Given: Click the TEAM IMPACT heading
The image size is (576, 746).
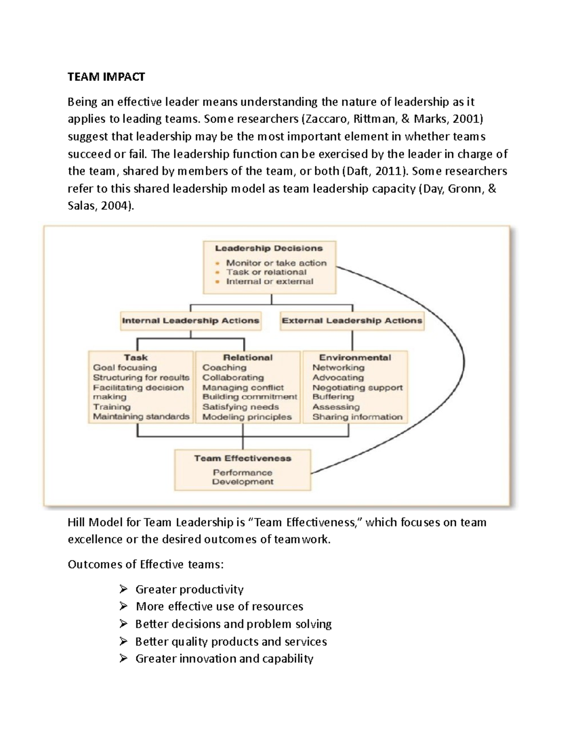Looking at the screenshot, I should (106, 77).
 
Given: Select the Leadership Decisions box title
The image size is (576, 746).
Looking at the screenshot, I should (269, 248).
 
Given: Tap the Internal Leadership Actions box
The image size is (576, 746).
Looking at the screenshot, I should (191, 321).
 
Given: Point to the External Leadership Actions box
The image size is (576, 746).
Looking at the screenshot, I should (352, 321).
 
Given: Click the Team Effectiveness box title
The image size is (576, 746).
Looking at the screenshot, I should (242, 458).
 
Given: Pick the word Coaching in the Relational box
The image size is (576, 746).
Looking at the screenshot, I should (224, 367).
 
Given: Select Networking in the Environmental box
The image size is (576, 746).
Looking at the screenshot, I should (338, 367).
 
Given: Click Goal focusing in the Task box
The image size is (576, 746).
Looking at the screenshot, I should (125, 367).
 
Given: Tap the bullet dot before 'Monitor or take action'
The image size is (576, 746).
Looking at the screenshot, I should (217, 263).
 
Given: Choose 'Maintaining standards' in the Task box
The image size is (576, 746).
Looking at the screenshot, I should (141, 417).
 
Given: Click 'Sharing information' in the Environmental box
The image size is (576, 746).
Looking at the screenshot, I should (358, 417).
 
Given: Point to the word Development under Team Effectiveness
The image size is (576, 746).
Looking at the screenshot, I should (243, 482).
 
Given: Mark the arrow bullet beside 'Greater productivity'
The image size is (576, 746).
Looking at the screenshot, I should (124, 589).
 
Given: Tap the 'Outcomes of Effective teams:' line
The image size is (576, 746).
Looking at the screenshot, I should (145, 564).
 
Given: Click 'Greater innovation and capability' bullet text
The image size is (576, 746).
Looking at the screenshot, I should (224, 659).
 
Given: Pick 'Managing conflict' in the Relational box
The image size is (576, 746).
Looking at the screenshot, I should (243, 388).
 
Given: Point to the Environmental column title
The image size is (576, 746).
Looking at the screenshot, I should (355, 357).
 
